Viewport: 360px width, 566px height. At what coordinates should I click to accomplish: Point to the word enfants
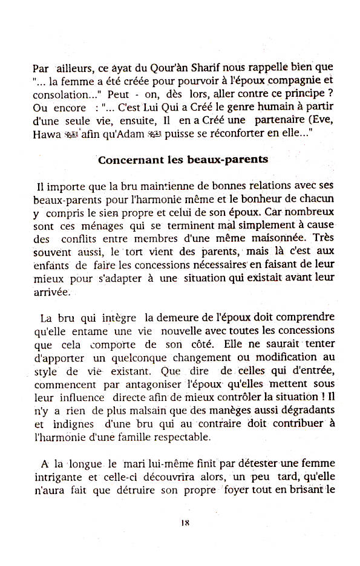point(51,264)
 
